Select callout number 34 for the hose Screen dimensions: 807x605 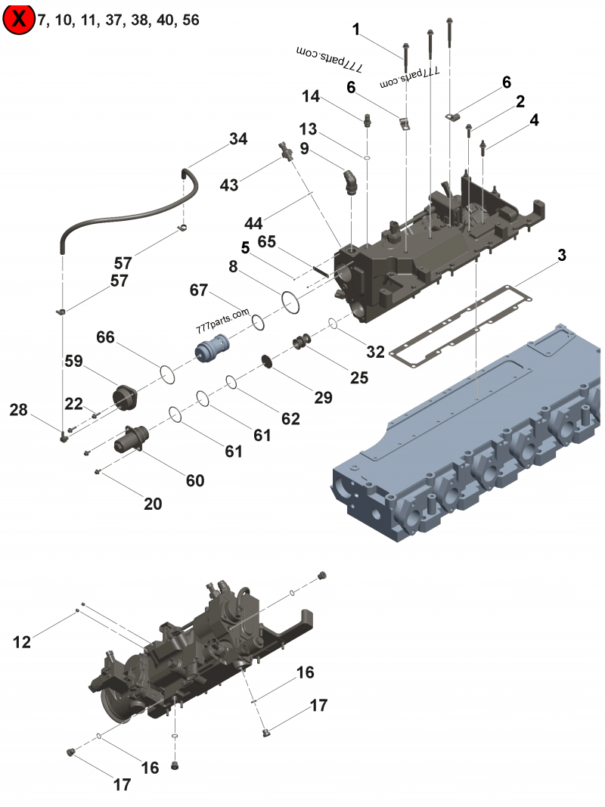(238, 139)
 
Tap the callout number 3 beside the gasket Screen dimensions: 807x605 (560, 256)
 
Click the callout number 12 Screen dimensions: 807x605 (22, 641)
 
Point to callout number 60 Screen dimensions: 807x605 (194, 480)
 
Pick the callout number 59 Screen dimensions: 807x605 (73, 362)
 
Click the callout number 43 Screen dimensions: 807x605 (229, 185)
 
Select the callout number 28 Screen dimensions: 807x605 (19, 410)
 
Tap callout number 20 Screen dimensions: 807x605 (153, 504)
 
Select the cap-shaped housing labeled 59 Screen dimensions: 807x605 (123, 396)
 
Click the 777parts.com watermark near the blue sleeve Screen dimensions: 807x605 (222, 321)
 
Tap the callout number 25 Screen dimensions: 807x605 (358, 377)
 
